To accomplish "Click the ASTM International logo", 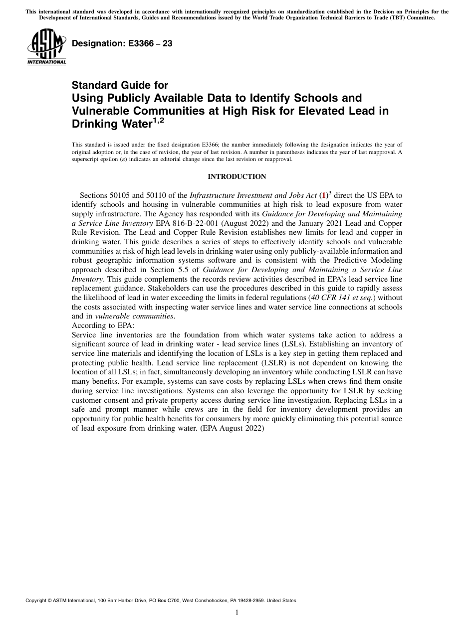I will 46,47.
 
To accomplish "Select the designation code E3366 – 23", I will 122,43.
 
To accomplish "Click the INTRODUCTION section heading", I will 237,176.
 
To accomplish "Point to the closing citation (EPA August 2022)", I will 232,428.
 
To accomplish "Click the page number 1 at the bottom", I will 237,613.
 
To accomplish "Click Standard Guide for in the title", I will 120,85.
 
